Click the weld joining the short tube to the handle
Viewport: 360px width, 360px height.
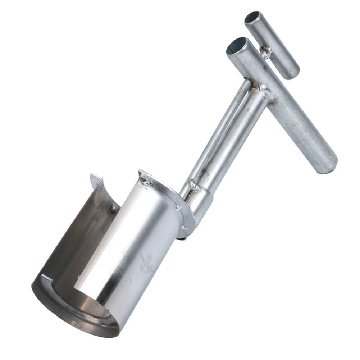click(265, 53)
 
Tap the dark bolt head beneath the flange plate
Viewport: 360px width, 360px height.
click(182, 238)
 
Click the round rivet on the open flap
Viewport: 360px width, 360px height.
click(113, 208)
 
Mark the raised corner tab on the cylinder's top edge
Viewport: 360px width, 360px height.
click(143, 174)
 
